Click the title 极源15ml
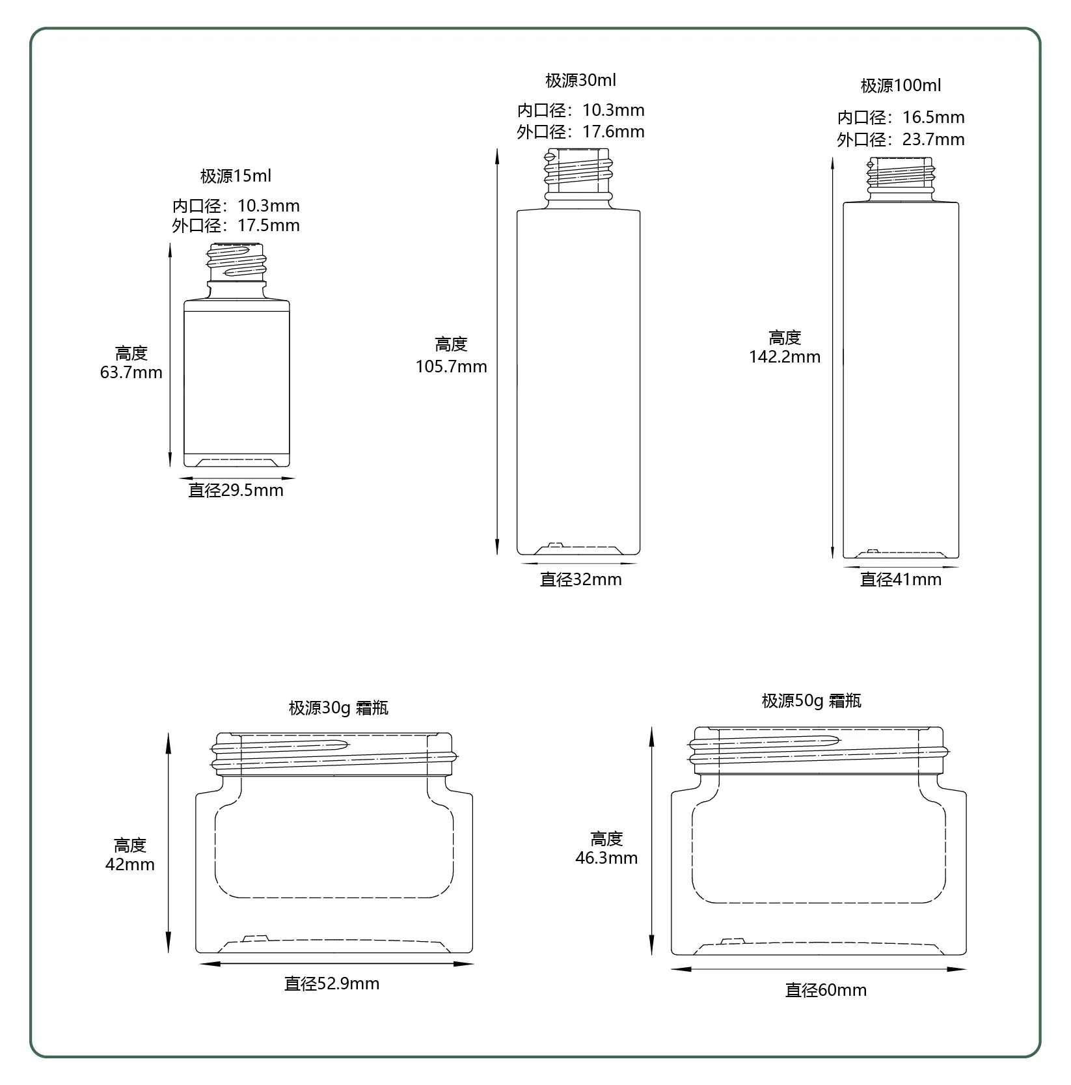pos(236,176)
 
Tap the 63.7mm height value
pos(131,373)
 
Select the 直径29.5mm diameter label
pos(236,490)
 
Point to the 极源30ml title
pos(580,80)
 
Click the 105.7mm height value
pos(452,366)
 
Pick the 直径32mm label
pos(581,579)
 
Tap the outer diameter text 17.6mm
pos(614,131)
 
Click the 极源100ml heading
pos(901,85)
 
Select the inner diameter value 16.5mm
pos(934,117)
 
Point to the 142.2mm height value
pos(785,357)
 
